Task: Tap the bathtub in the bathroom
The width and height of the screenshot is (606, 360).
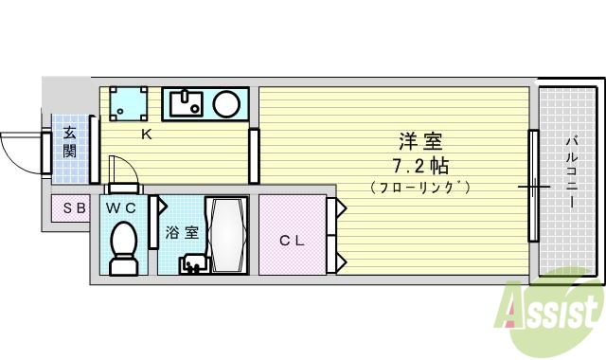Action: coord(227,235)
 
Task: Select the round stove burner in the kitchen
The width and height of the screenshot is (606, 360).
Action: coord(226,103)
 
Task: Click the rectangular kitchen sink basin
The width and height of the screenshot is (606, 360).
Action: coord(185,102)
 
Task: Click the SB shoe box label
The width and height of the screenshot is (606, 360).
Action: coord(74,208)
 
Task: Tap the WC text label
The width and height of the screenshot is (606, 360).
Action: coord(120,207)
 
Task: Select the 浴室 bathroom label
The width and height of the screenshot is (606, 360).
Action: coord(181,231)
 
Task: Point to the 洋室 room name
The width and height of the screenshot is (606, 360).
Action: coord(420,142)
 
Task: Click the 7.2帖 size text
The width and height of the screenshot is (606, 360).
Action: coord(420,166)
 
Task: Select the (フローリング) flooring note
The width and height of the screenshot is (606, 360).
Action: coord(420,187)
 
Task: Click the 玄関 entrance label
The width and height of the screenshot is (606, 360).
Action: coord(69,142)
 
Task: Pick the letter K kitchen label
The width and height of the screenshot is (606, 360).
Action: coord(147,134)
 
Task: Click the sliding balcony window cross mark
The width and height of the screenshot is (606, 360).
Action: coord(533,187)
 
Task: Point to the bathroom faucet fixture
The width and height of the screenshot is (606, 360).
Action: coord(192,262)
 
